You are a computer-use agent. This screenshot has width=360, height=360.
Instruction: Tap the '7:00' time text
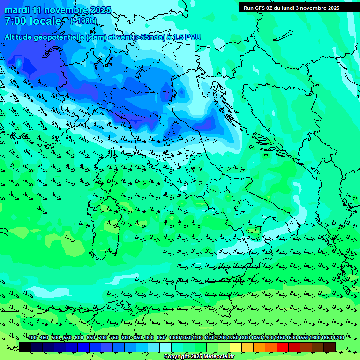pyautogui.click(x=15, y=21)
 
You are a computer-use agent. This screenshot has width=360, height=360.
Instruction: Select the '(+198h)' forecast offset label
pyautogui.click(x=83, y=21)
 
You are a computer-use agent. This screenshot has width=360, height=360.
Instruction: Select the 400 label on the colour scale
pyautogui.click(x=32, y=337)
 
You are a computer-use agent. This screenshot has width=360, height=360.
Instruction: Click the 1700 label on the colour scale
pyautogui.click(x=338, y=337)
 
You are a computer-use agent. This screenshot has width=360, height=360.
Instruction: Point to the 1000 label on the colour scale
pyautogui.click(x=174, y=337)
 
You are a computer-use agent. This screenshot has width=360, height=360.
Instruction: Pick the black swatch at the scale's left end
pyautogui.click(x=25, y=347)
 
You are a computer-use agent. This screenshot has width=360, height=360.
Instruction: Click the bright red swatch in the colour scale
pyautogui.click(x=283, y=347)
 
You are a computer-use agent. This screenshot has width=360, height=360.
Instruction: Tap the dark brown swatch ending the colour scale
pyautogui.click(x=330, y=347)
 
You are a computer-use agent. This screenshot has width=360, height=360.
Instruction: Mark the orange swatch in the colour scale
pyautogui.click(x=259, y=347)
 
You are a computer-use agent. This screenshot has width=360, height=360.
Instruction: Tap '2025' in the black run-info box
pyautogui.click(x=331, y=8)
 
